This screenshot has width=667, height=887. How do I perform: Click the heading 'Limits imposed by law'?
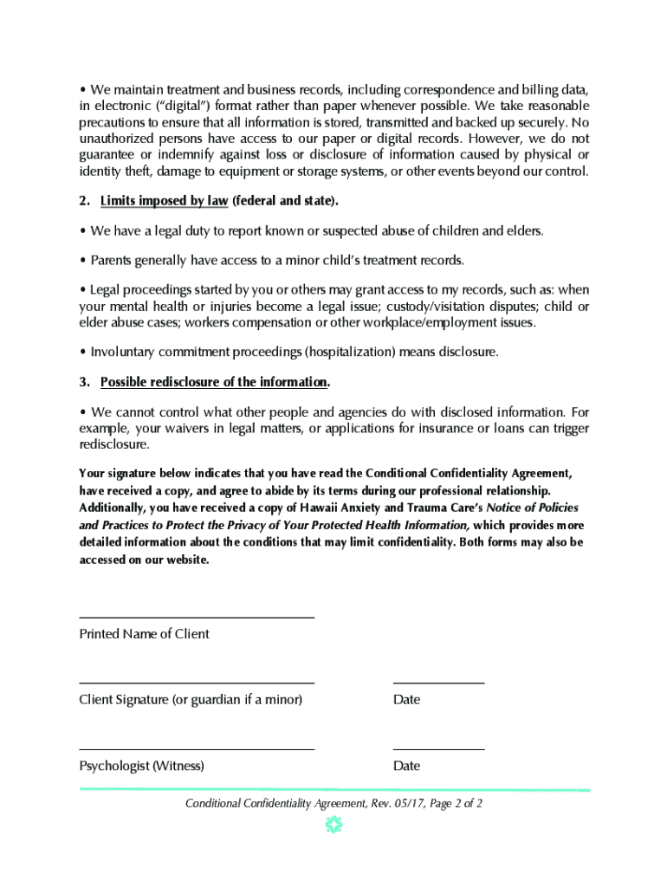[x=164, y=201]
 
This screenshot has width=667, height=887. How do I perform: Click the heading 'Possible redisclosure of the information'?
[x=214, y=382]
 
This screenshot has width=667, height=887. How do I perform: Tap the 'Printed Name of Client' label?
[x=144, y=634]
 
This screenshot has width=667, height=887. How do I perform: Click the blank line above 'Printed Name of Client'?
[x=196, y=617]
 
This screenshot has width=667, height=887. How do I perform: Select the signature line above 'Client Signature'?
[x=196, y=683]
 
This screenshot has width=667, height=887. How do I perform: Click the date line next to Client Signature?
[x=438, y=683]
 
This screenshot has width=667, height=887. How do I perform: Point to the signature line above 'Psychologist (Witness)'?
[x=196, y=748]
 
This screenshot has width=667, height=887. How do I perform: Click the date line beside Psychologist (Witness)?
[x=438, y=748]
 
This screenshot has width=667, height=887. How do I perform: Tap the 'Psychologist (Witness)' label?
[x=141, y=766]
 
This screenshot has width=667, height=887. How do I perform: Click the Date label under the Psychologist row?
[x=406, y=766]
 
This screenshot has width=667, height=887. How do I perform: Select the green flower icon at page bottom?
[x=334, y=825]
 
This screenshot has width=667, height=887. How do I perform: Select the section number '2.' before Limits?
[x=85, y=201]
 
